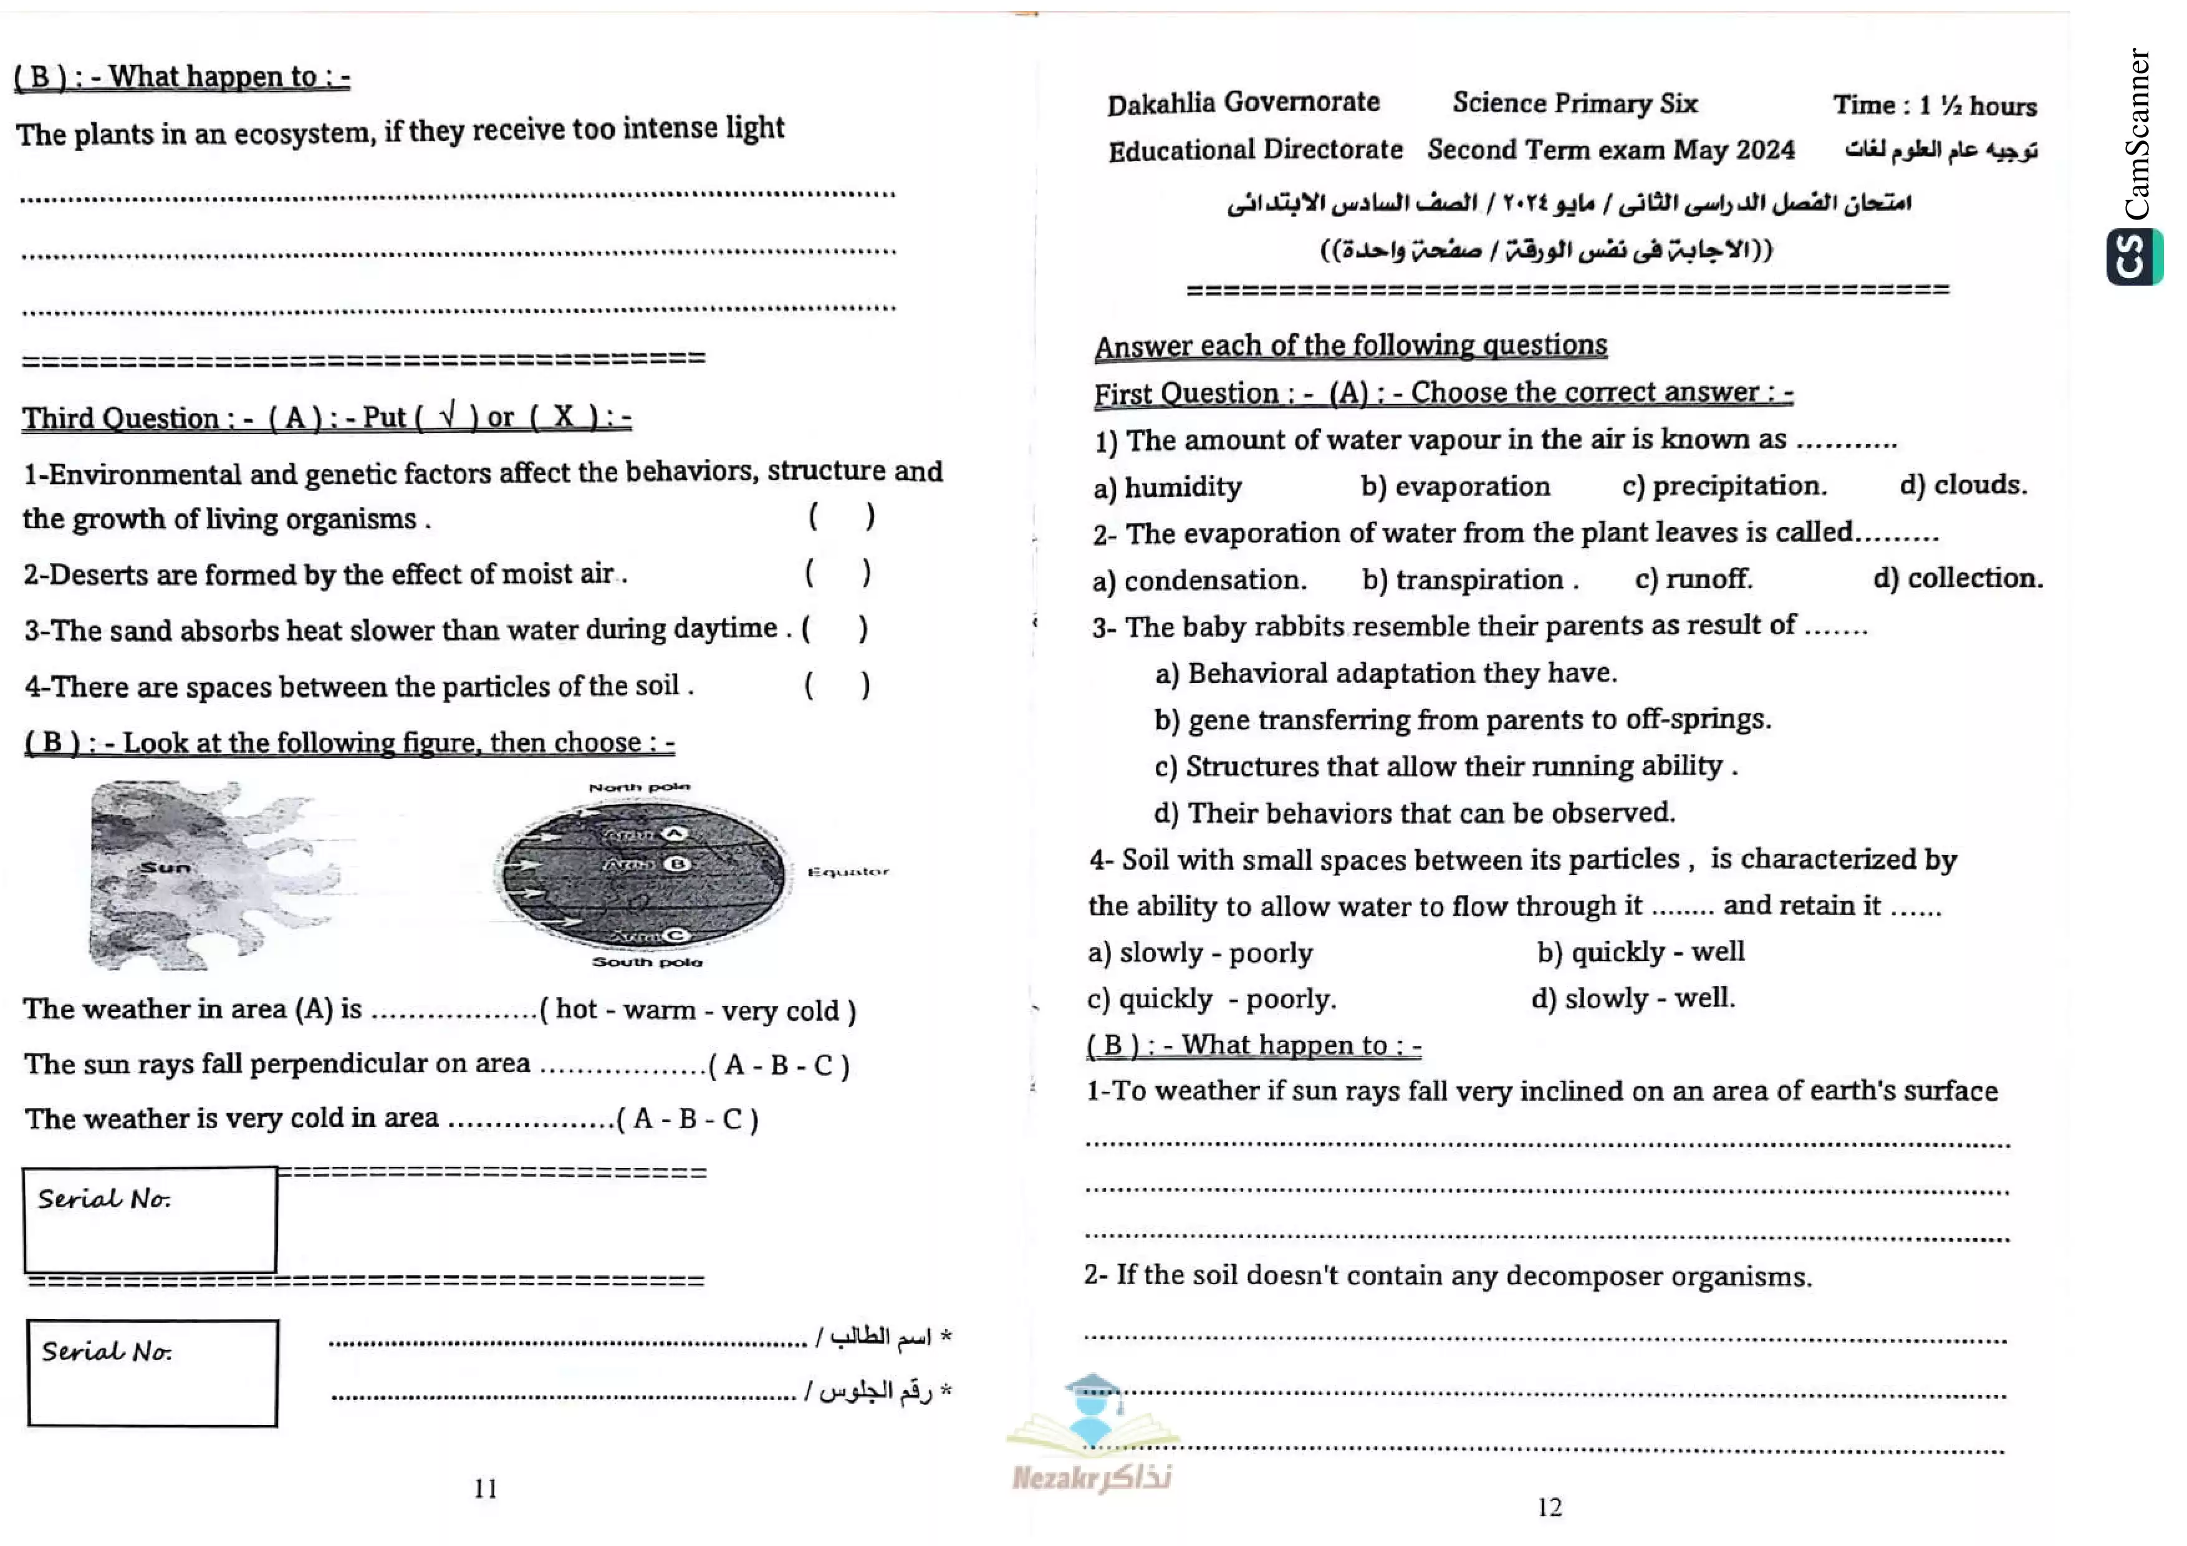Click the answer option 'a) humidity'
1168,488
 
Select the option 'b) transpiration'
1469,580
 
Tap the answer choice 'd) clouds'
1962,485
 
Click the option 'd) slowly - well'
1633,998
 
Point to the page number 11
486,1488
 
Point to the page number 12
1550,1507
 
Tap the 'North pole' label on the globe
638,788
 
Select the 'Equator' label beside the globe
848,872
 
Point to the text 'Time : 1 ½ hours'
1935,105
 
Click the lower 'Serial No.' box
152,1373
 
